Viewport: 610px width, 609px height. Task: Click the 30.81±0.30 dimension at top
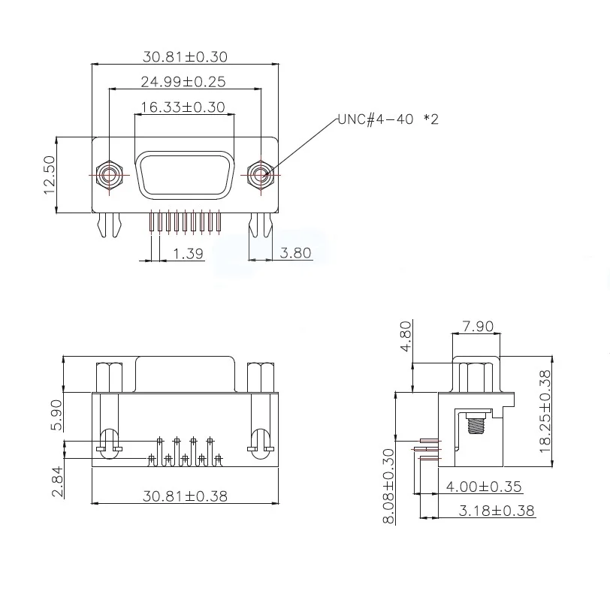tap(185, 56)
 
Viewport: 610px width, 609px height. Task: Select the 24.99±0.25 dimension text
tap(183, 81)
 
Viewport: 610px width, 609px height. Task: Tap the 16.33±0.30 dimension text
tap(183, 107)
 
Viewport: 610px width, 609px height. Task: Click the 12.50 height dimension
tap(50, 175)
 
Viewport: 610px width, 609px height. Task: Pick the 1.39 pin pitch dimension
tap(189, 254)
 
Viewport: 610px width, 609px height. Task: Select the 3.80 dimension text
tap(295, 254)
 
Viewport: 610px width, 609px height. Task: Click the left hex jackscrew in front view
tap(110, 175)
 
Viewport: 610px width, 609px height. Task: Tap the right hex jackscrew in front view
tap(260, 175)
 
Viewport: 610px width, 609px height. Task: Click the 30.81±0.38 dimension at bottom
tap(185, 496)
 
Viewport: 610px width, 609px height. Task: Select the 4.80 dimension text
tap(406, 338)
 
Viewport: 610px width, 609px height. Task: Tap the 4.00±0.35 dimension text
tap(484, 487)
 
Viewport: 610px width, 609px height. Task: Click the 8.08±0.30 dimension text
tap(388, 486)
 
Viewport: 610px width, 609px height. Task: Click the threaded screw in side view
tap(476, 426)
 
